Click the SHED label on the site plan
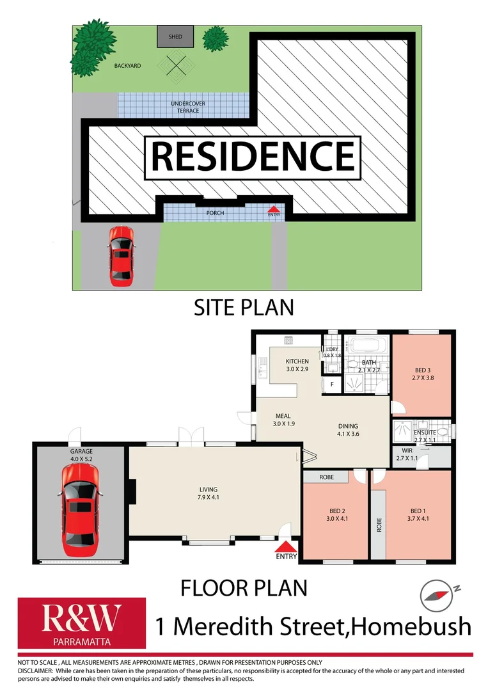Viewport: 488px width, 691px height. pyautogui.click(x=175, y=37)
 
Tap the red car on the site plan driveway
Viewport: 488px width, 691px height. pyautogui.click(x=120, y=255)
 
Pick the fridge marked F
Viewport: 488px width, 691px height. pyautogui.click(x=332, y=385)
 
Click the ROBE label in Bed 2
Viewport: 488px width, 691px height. pyautogui.click(x=326, y=477)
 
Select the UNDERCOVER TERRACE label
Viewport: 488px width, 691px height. pyautogui.click(x=184, y=107)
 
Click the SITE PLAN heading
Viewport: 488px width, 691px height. pyautogui.click(x=243, y=307)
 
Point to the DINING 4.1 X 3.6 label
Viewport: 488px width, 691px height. pyautogui.click(x=349, y=430)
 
